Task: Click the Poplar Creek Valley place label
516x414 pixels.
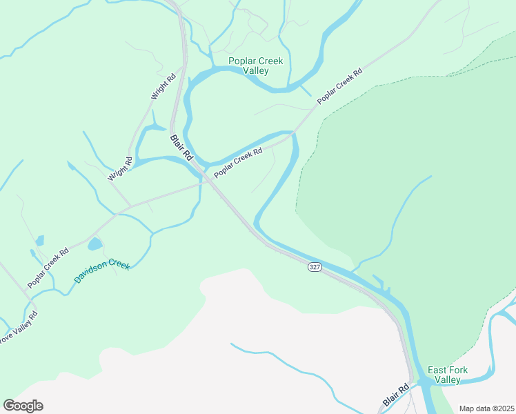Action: (x=255, y=66)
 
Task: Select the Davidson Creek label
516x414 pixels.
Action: (x=101, y=273)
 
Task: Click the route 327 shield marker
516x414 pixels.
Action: (x=315, y=267)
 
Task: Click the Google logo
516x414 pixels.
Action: (x=23, y=406)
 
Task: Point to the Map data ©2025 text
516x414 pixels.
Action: (x=486, y=408)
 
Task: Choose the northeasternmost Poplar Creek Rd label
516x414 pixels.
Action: (x=339, y=86)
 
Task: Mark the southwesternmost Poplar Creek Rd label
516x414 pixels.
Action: (x=48, y=268)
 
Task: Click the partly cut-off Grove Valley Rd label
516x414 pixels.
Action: (x=17, y=331)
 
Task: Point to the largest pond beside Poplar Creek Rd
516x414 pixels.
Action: (x=95, y=244)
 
